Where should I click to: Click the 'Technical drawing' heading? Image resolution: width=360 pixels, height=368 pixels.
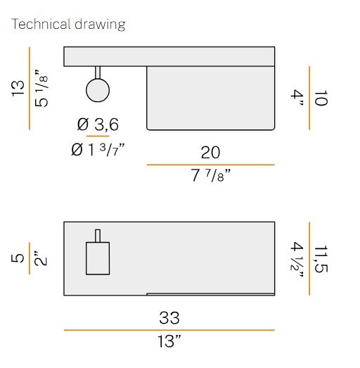(68, 25)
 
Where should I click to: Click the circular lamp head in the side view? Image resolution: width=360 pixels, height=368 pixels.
(98, 91)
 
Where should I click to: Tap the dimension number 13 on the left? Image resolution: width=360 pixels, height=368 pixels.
(18, 88)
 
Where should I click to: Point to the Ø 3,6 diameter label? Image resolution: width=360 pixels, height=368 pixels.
(98, 125)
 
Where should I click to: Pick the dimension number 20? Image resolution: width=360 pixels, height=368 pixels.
(210, 153)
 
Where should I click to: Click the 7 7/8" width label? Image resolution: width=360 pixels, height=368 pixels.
(209, 176)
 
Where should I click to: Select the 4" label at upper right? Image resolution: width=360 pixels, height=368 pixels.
(299, 99)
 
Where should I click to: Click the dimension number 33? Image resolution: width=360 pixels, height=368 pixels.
(169, 317)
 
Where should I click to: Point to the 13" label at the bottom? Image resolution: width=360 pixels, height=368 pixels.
(169, 342)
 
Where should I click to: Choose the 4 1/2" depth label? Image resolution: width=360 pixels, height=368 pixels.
(297, 259)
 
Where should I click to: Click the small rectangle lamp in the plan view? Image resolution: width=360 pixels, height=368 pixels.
(98, 257)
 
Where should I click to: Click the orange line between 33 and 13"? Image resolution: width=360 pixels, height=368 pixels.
(169, 329)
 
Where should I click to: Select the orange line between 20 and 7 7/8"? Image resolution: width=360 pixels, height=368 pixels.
(210, 165)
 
